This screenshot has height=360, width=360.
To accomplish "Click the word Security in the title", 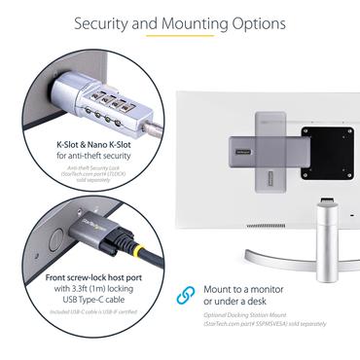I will coord(105,20).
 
